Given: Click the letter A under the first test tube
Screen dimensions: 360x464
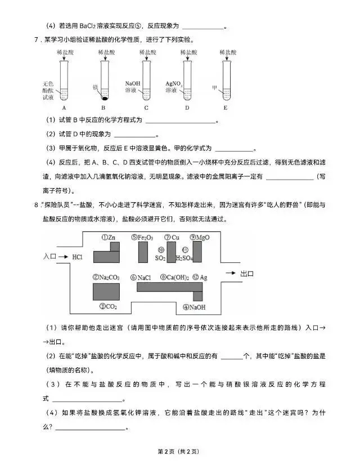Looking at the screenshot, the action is pyautogui.click(x=64, y=108).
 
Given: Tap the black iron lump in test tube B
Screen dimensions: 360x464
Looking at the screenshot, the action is pyautogui.click(x=105, y=97).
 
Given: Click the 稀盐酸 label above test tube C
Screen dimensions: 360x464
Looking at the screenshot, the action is pyautogui.click(x=146, y=52).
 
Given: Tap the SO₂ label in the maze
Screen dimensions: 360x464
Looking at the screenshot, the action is pyautogui.click(x=160, y=258).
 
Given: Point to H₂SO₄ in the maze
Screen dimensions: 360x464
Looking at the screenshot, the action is pyautogui.click(x=184, y=258).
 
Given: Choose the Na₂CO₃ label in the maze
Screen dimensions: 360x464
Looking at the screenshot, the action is pyautogui.click(x=105, y=277).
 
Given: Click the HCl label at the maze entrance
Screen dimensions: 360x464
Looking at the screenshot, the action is pyautogui.click(x=77, y=256).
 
